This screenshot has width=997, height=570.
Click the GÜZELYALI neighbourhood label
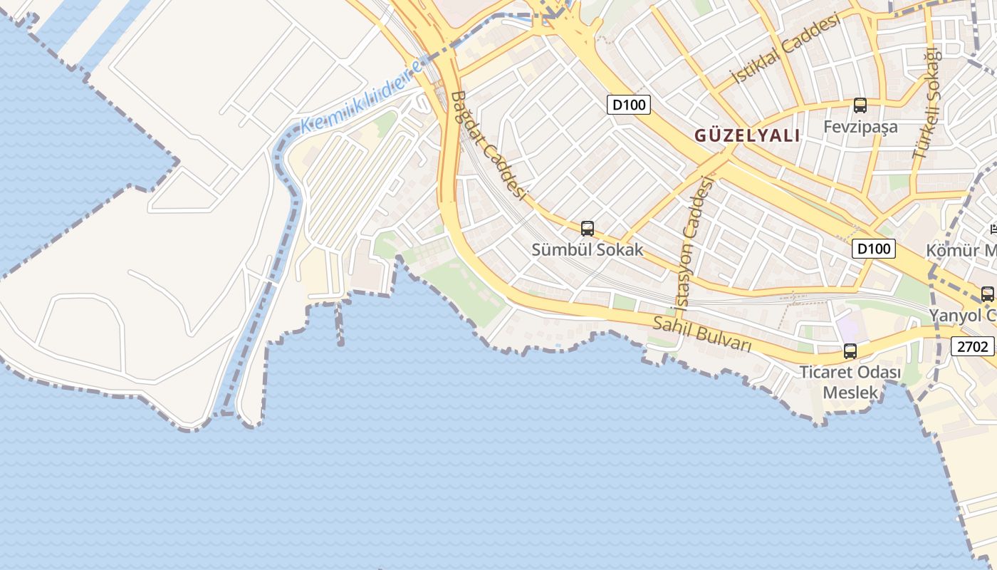(747, 135)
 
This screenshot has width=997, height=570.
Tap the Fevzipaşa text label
(860, 127)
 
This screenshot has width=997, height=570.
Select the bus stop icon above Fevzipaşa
(860, 105)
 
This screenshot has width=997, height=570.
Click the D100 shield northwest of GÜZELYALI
(629, 105)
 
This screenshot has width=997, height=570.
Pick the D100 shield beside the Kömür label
(873, 249)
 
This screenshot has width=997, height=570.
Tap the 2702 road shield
(973, 346)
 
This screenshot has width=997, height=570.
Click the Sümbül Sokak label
(588, 249)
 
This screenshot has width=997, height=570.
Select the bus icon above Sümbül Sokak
(588, 228)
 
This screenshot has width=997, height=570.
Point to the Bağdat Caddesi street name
(488, 146)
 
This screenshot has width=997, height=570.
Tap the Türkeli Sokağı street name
(926, 104)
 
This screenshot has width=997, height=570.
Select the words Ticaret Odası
(850, 372)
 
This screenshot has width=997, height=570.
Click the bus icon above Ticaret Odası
(850, 351)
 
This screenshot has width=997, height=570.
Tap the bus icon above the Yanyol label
(987, 294)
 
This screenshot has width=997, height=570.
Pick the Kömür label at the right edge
(961, 250)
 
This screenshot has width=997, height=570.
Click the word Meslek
(850, 392)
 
